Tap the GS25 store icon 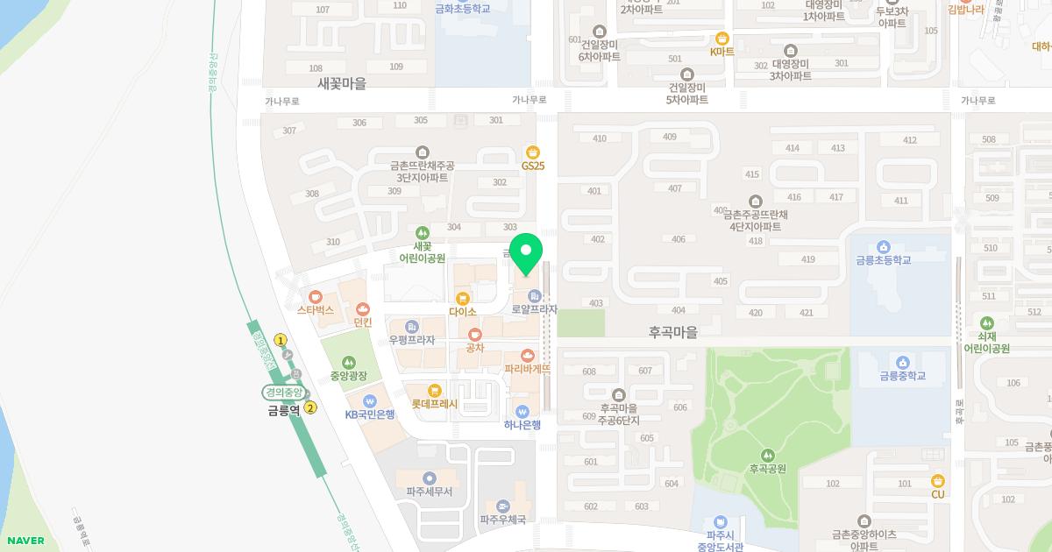(532, 152)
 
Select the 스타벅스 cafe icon (316, 297)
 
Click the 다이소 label (462, 312)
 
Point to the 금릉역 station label (284, 409)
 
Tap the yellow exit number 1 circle (281, 340)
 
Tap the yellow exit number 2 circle (310, 407)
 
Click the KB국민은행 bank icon (369, 401)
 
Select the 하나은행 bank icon (522, 412)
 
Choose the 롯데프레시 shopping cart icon (434, 391)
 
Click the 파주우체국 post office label (502, 520)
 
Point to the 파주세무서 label (429, 492)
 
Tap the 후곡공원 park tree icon (767, 455)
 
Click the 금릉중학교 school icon (903, 363)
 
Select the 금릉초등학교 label (884, 260)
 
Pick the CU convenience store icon (938, 480)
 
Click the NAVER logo (24, 541)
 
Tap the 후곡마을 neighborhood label (673, 332)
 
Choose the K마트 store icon (722, 38)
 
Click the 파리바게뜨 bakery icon (527, 356)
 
